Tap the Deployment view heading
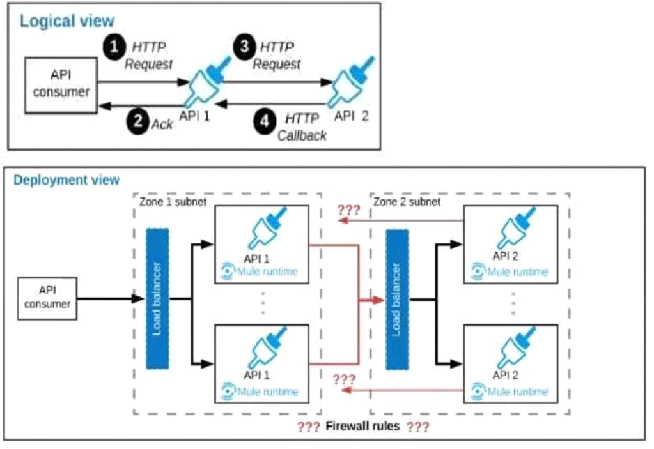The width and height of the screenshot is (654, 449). click(x=66, y=179)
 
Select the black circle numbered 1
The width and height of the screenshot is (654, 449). click(x=114, y=46)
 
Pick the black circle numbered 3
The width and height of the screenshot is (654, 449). click(x=242, y=46)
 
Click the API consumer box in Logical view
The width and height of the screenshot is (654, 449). click(x=61, y=84)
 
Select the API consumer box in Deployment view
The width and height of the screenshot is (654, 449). click(x=47, y=298)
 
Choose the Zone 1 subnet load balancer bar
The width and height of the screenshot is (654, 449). click(x=156, y=298)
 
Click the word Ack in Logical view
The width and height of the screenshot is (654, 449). click(x=162, y=125)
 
